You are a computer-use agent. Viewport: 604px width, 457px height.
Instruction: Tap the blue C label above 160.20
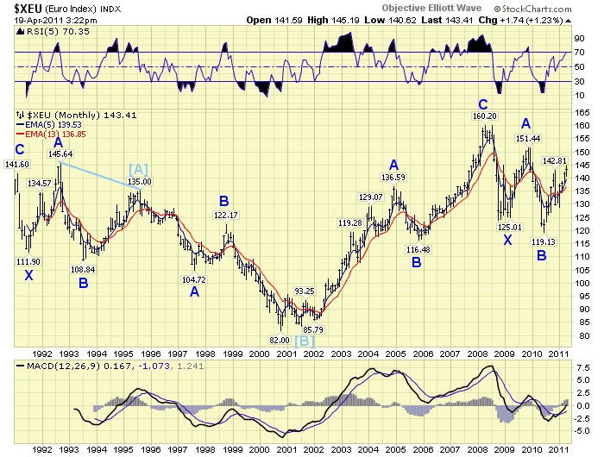click(483, 103)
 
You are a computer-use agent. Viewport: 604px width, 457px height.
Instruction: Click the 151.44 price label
click(528, 138)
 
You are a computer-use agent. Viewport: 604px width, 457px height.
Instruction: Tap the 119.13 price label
click(543, 242)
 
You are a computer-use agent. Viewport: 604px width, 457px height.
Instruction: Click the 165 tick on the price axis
click(582, 112)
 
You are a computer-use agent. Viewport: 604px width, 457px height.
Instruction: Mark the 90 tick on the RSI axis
click(580, 39)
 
